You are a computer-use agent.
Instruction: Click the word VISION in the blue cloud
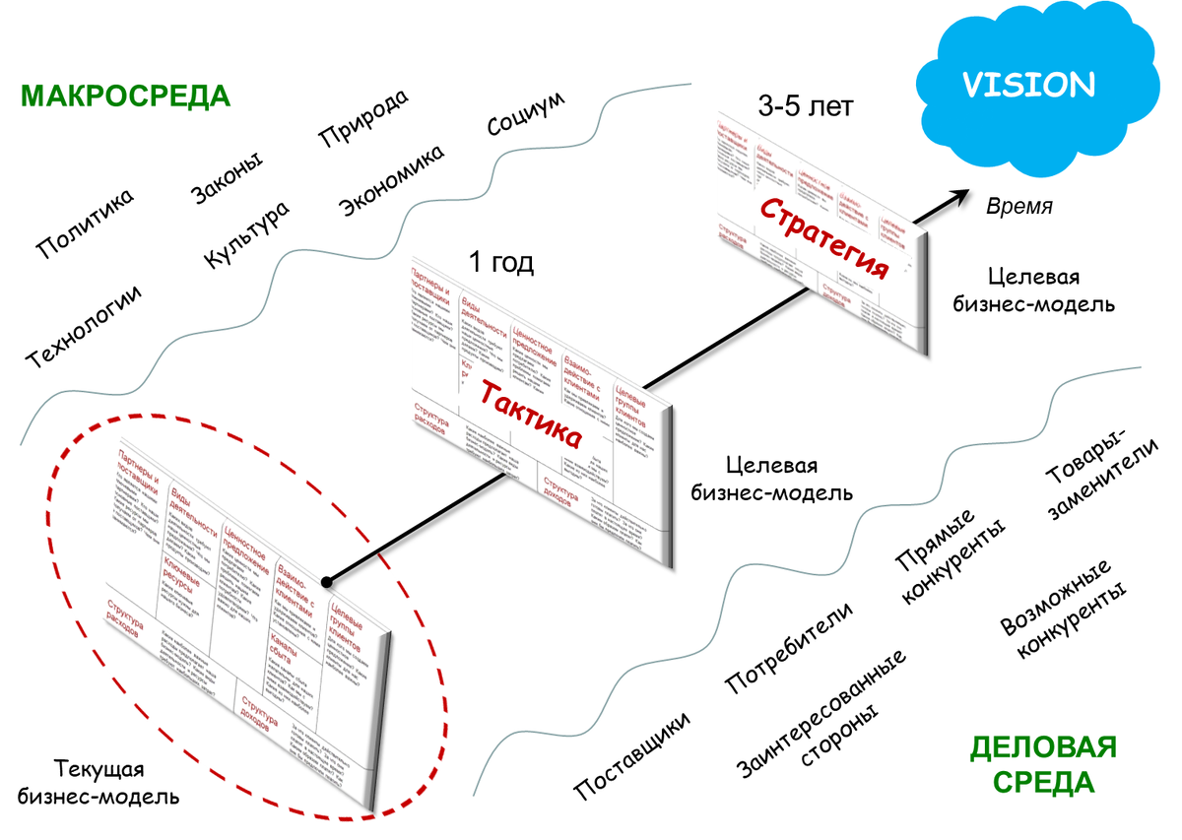1028,84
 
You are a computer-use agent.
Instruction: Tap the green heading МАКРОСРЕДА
125,97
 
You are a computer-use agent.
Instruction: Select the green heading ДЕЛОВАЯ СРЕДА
1043,765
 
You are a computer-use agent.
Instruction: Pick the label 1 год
502,263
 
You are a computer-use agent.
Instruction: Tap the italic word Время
1019,207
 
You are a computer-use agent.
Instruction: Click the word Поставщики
632,750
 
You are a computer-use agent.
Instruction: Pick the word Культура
247,236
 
